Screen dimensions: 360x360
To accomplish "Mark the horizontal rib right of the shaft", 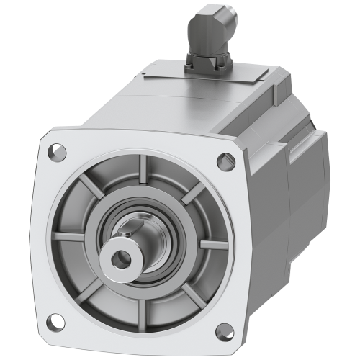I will (213, 244).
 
